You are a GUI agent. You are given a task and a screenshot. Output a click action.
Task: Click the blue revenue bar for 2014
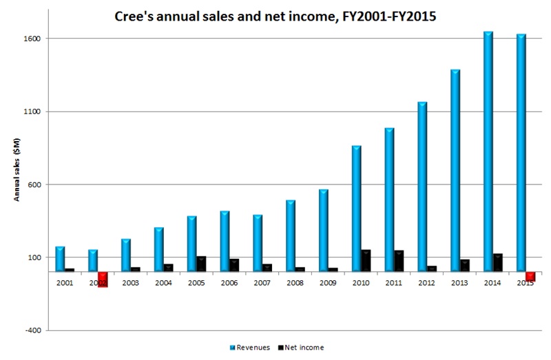[x=488, y=151]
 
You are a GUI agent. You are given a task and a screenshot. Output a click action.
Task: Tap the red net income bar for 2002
[x=103, y=279]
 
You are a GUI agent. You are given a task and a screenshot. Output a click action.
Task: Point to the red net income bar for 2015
[x=530, y=276]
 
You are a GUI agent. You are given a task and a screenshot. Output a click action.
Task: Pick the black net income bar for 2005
[x=201, y=264]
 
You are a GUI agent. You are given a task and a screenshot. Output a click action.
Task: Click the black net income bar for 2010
[x=366, y=261]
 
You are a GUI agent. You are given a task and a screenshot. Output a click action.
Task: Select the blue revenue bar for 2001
[x=60, y=259]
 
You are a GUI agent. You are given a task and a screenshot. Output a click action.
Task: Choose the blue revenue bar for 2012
[x=422, y=187]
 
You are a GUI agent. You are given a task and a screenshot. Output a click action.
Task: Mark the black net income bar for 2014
[x=497, y=263]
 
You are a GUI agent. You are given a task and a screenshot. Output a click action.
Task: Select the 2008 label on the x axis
[x=295, y=282]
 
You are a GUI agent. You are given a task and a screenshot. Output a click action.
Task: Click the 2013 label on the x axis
[x=459, y=282]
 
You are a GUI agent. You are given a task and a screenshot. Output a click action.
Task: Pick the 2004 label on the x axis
[x=163, y=282]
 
